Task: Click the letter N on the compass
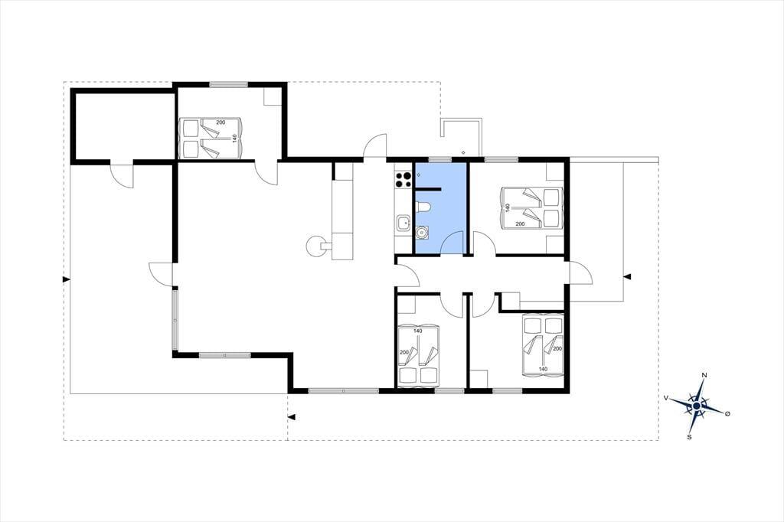(704, 375)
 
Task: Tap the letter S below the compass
(689, 437)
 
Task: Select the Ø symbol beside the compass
(727, 413)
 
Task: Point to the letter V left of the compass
(666, 397)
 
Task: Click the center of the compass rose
(697, 406)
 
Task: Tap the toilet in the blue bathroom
(422, 207)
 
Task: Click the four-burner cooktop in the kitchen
(403, 179)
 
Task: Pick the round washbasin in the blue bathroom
(423, 231)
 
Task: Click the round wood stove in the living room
(316, 246)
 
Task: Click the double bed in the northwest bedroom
(211, 138)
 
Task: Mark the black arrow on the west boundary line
(66, 279)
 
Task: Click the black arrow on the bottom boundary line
(292, 416)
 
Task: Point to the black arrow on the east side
(627, 276)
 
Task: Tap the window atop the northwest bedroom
(228, 84)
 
